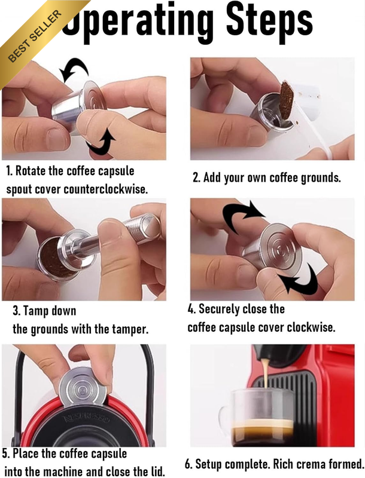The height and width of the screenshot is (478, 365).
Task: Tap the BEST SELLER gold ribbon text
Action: pyautogui.click(x=35, y=36)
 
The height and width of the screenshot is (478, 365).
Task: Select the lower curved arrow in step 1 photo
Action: pyautogui.click(x=101, y=143)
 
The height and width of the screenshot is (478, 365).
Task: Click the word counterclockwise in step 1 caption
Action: pyautogui.click(x=105, y=189)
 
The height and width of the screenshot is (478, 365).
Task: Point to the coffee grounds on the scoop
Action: pyautogui.click(x=287, y=100)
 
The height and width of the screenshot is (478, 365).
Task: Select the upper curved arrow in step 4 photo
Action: pyautogui.click(x=242, y=216)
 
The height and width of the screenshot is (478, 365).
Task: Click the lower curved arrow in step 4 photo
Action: pyautogui.click(x=300, y=280)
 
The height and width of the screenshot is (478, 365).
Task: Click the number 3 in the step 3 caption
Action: pyautogui.click(x=16, y=311)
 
